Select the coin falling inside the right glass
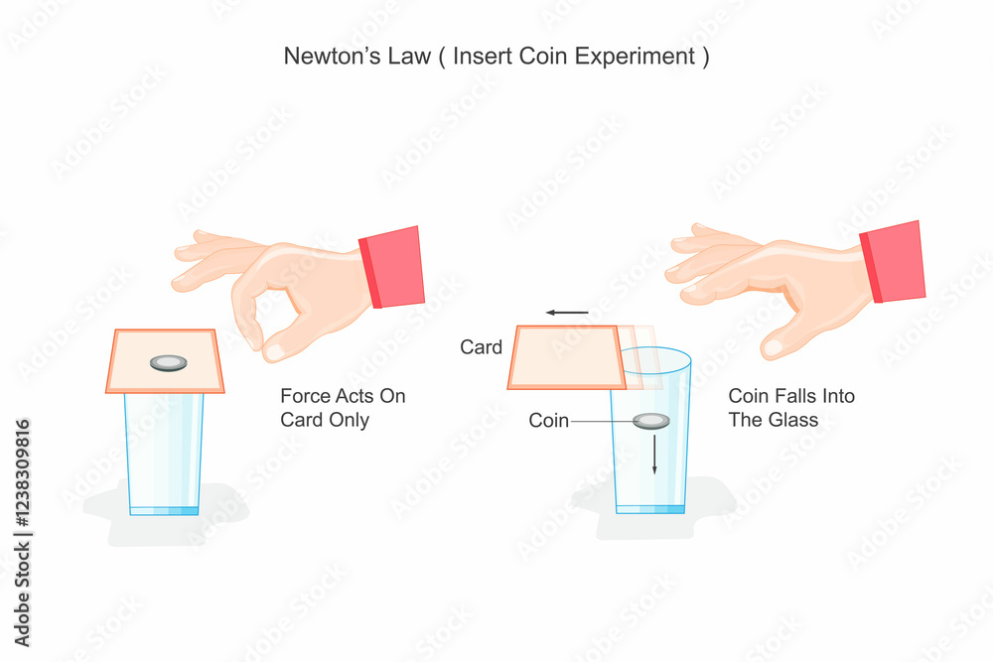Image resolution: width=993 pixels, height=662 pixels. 652,421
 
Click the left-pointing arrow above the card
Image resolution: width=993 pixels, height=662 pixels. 567,313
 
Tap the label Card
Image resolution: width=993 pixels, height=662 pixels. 481,347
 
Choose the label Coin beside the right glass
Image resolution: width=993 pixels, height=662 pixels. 548,421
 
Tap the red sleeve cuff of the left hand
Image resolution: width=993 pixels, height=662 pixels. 392,268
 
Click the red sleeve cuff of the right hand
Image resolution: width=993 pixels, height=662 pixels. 893,262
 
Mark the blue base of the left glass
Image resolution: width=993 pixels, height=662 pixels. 165,510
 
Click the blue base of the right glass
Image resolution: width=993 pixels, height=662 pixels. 650,509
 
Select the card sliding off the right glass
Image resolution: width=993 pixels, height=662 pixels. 564,357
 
